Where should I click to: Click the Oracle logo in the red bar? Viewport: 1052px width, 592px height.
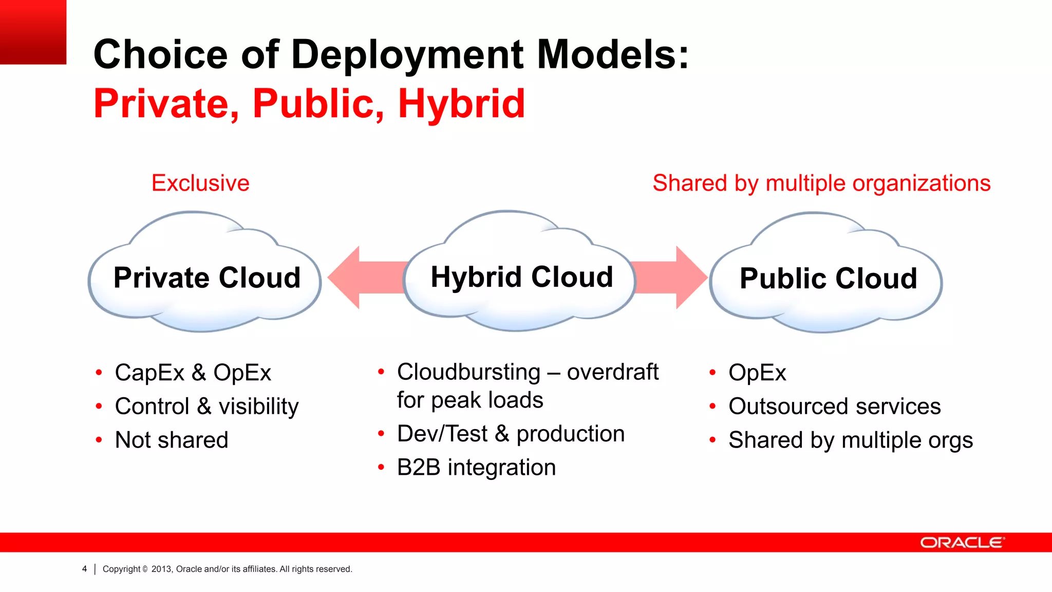pos(961,543)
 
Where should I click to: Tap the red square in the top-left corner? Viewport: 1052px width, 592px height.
pos(33,32)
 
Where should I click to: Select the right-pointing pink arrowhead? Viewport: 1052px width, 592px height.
pos(691,277)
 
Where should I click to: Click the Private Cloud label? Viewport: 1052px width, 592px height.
pos(207,278)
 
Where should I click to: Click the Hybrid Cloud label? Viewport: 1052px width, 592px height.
pos(522,277)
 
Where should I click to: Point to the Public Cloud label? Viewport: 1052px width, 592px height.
pos(828,279)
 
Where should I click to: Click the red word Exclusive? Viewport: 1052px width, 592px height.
pos(200,183)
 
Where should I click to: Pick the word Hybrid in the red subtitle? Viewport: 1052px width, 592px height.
pos(461,104)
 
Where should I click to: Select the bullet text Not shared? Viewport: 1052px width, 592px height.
pos(172,440)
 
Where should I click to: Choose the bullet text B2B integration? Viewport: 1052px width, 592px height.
pos(476,468)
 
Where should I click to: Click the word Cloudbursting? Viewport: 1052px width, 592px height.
pos(468,372)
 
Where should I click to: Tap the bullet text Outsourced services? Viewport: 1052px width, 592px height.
pos(834,406)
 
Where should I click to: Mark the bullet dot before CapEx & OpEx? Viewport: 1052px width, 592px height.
pos(99,373)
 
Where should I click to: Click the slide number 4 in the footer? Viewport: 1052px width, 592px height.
pos(84,569)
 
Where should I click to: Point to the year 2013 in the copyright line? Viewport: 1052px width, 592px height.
pos(161,569)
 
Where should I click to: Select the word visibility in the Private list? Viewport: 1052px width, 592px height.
pos(258,406)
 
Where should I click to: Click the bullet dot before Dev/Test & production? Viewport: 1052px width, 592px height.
pos(381,434)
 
